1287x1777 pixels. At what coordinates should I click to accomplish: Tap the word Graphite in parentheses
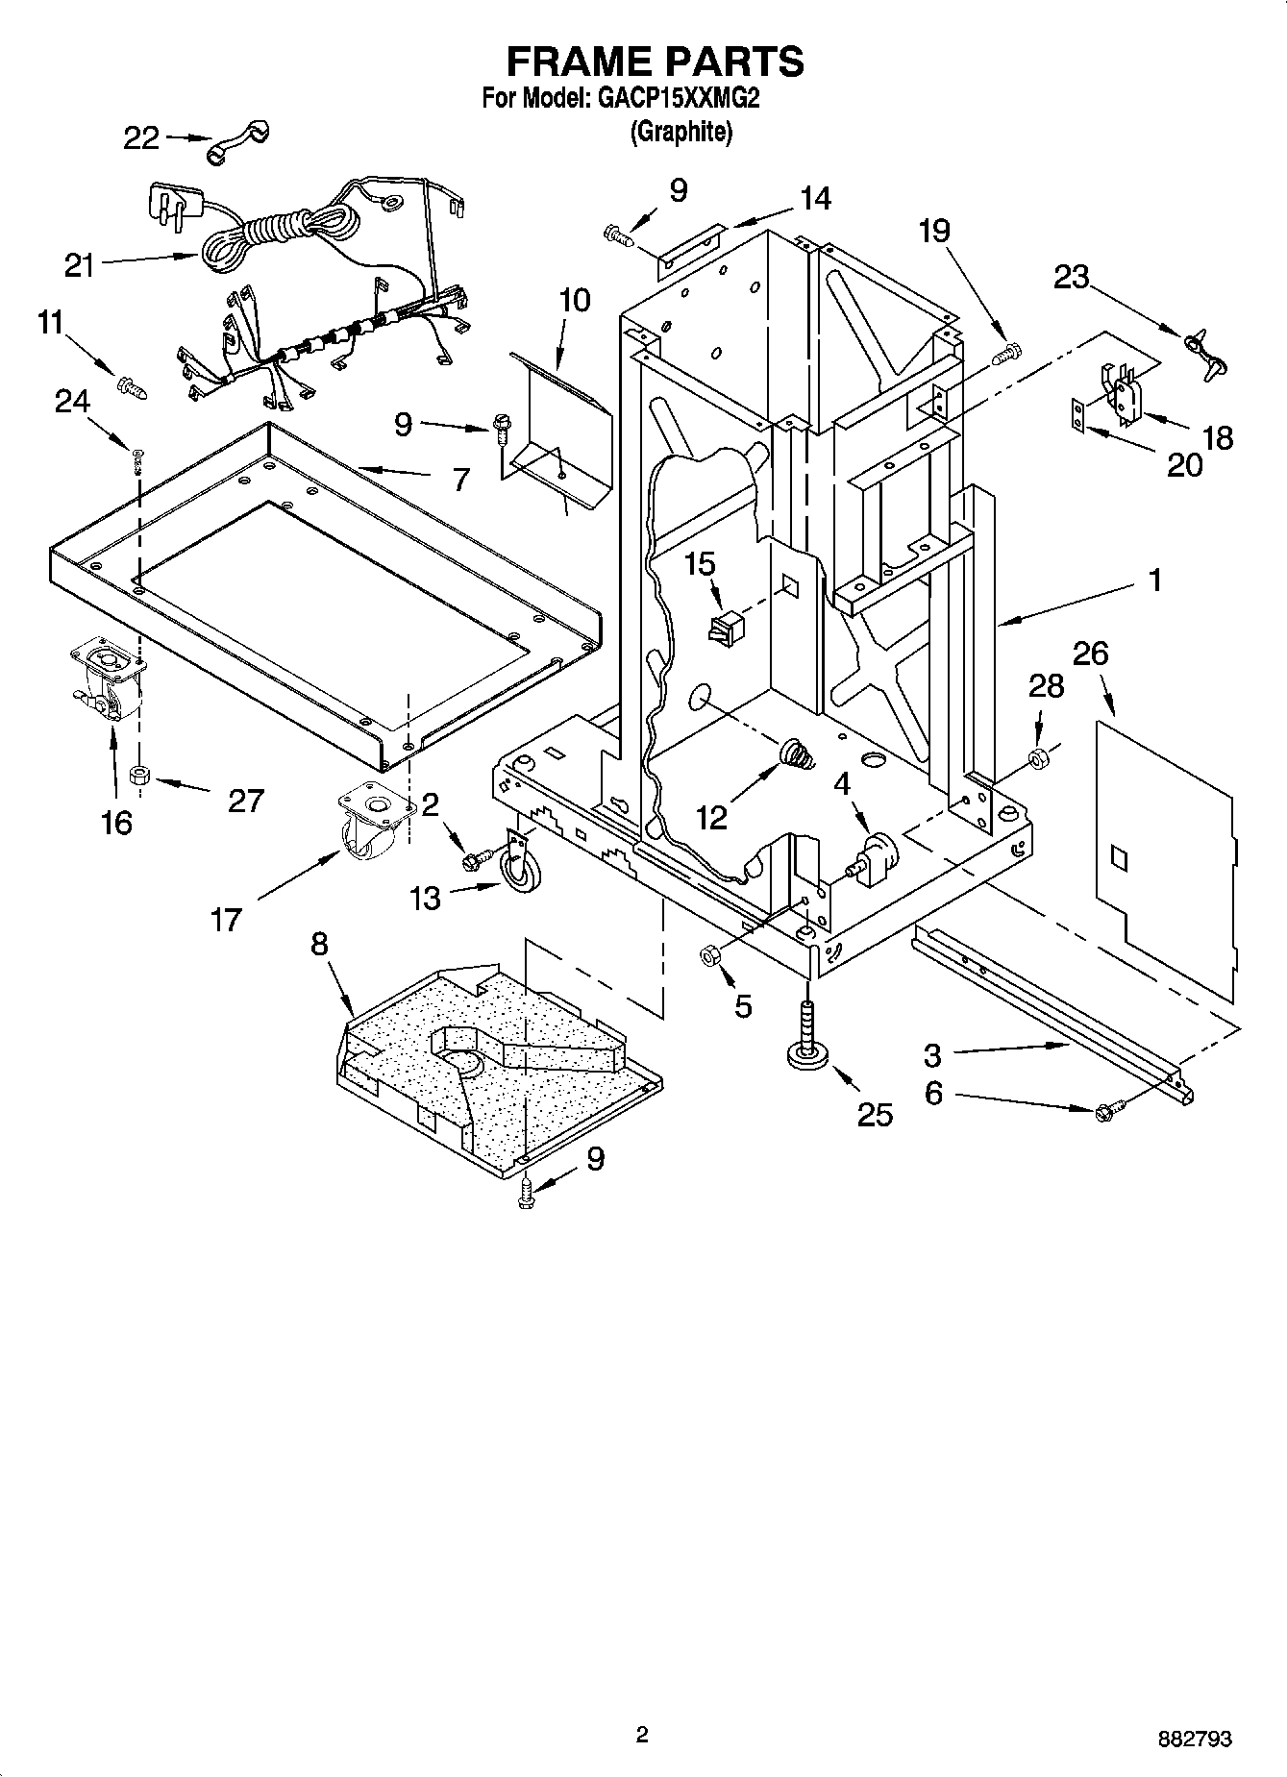pos(681,132)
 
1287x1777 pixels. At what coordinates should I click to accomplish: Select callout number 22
pos(141,138)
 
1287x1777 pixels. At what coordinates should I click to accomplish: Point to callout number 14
pos(815,199)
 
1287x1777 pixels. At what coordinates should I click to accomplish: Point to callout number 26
pos(1090,654)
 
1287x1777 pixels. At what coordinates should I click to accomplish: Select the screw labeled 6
pos(1103,1113)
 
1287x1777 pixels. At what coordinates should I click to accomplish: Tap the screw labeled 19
pos(1004,354)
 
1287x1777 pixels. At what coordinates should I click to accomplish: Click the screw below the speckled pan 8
pos(526,1193)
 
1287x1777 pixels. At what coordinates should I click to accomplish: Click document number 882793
pos(1196,1738)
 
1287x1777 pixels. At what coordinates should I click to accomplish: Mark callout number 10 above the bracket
pos(574,300)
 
